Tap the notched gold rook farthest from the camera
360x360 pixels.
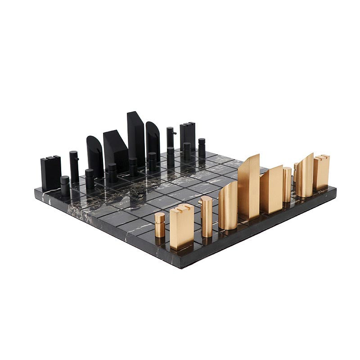pyautogui.click(x=321, y=172)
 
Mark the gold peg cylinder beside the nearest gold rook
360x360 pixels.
pyautogui.click(x=206, y=216)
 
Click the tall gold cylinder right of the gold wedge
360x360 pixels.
pyautogui.click(x=287, y=184)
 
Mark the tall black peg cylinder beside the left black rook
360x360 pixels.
pyautogui.click(x=74, y=166)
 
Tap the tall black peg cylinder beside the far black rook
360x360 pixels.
pyautogui.click(x=170, y=139)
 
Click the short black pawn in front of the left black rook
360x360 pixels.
pyautogui.click(x=65, y=185)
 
